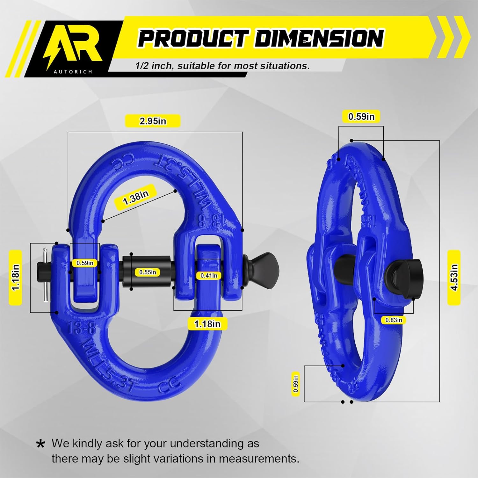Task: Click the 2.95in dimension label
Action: (x=153, y=121)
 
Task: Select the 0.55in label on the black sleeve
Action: (x=148, y=272)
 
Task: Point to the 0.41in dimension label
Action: (x=209, y=275)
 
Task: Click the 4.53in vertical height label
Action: (x=454, y=277)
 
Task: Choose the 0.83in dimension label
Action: (x=394, y=320)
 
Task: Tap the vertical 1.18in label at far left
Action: (x=16, y=277)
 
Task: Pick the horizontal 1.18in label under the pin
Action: (x=207, y=324)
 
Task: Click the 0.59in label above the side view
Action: (x=361, y=117)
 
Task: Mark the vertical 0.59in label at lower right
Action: (x=296, y=384)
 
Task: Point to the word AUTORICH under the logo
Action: (x=73, y=72)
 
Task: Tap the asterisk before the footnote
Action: (x=40, y=444)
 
